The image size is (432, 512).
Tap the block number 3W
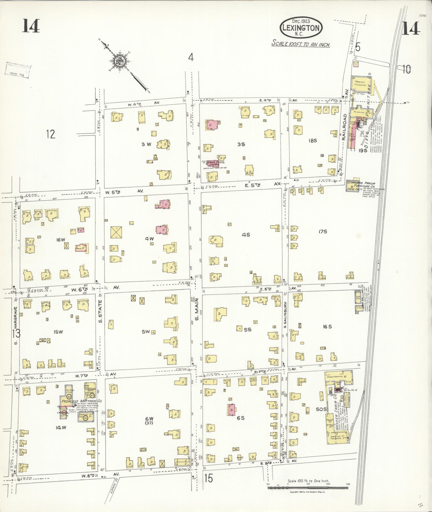tap(146, 144)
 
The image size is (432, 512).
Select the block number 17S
tap(323, 232)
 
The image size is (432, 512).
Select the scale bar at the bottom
tap(308, 488)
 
